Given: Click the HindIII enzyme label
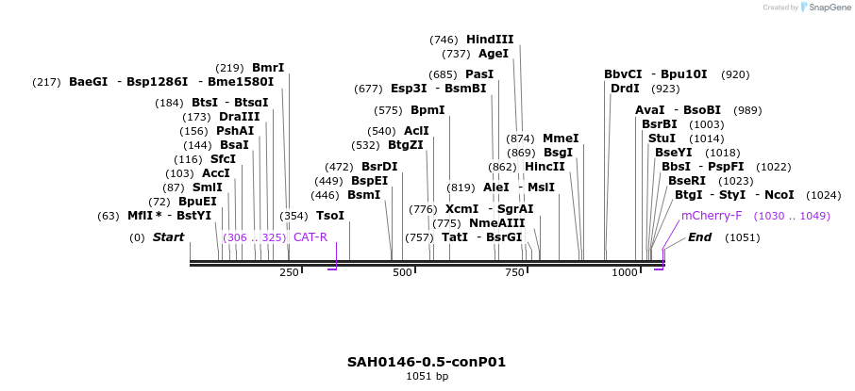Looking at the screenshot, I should [x=489, y=40].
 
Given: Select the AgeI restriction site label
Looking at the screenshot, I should [x=494, y=54].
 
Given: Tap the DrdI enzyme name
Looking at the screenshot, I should [x=625, y=89].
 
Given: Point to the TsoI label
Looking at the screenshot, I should [x=330, y=216].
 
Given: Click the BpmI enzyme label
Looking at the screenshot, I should [x=427, y=110].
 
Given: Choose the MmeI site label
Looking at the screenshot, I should [x=561, y=138].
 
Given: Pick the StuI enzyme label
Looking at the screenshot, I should [x=662, y=138].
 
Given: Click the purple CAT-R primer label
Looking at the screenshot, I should [x=310, y=237].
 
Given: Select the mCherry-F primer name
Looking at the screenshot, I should [x=712, y=216].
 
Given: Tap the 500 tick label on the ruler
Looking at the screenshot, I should [x=403, y=272].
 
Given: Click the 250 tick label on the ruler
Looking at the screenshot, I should [x=289, y=272].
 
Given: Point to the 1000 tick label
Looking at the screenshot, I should [x=625, y=272].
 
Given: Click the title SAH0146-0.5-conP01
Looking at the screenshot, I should [x=427, y=362].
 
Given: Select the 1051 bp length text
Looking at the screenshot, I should [x=427, y=377].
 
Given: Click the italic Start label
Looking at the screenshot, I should [x=168, y=237].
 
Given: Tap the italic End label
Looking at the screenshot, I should [x=699, y=237].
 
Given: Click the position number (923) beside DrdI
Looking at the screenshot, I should [x=665, y=89].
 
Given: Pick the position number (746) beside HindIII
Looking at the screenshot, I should [x=444, y=40].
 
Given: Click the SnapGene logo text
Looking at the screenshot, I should [x=824, y=8].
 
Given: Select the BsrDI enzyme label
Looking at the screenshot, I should [x=379, y=167].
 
